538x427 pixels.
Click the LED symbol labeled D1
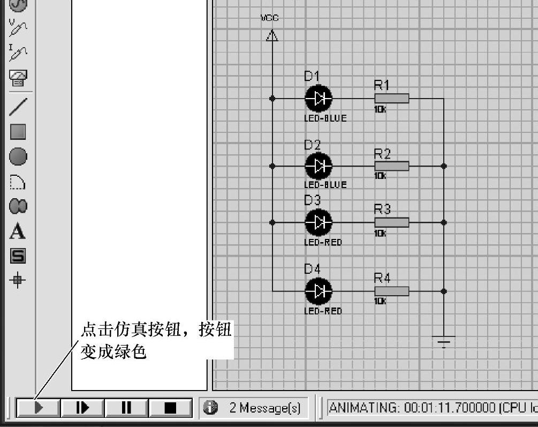point(319,99)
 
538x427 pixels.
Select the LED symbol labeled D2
point(319,166)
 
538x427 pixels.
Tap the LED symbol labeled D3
point(319,222)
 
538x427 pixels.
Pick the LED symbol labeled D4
point(319,291)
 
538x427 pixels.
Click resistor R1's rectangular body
point(391,99)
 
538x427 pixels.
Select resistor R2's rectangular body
point(391,166)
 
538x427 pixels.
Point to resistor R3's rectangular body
point(391,222)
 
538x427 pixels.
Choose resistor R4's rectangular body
point(391,291)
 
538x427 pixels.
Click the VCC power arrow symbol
point(272,36)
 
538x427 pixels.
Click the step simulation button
point(82,408)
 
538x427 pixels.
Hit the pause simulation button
point(126,408)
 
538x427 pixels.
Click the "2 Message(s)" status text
point(264,408)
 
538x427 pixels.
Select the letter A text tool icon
point(18,232)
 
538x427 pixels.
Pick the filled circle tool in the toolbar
point(18,157)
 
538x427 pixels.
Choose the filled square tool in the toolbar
point(18,132)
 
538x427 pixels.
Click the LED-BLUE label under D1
point(325,118)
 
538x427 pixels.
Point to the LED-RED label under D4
point(323,311)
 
